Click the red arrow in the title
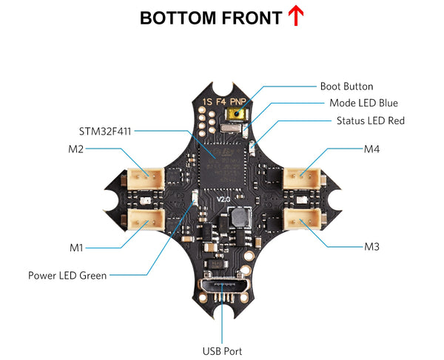(x=296, y=16)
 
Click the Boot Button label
(x=346, y=86)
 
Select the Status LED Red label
(x=370, y=120)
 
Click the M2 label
(x=75, y=149)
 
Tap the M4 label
(x=371, y=149)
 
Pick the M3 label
(x=371, y=245)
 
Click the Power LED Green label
(x=67, y=275)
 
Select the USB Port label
(x=222, y=351)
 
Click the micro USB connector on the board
(x=222, y=285)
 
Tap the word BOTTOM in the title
(x=175, y=18)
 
